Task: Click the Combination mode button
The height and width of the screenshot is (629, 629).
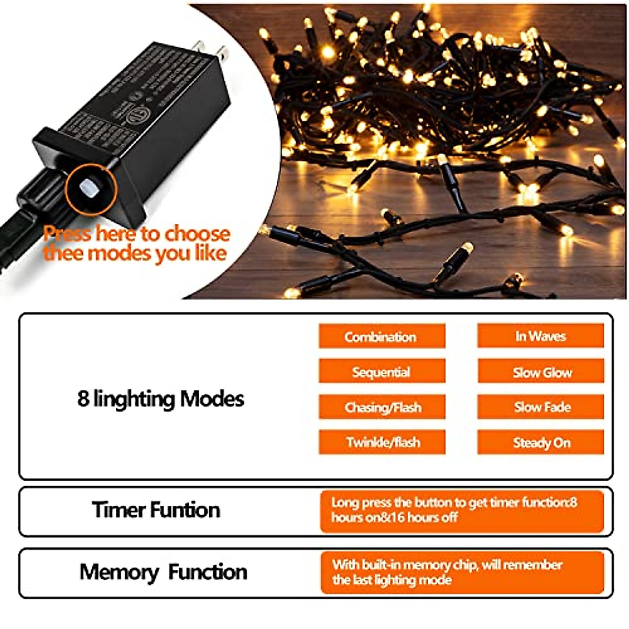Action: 382,336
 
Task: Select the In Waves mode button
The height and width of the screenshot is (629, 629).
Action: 540,336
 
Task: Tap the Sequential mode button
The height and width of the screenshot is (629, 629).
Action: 382,372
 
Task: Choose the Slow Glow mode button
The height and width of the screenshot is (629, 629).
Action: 540,372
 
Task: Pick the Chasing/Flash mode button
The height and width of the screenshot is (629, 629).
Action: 382,407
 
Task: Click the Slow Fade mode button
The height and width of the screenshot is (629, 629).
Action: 540,407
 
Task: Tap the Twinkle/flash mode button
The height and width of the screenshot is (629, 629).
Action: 382,442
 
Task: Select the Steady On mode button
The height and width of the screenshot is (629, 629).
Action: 540,442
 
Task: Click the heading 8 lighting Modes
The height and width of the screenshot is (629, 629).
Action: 160,399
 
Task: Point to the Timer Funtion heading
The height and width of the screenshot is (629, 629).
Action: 156,510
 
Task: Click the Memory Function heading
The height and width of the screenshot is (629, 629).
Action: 163,572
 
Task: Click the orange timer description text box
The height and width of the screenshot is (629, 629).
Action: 461,511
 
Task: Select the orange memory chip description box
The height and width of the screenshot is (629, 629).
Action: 461,572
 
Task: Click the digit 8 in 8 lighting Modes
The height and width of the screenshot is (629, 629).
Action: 83,399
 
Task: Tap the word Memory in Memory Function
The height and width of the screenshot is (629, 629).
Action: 118,572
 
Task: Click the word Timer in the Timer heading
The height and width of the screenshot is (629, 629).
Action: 118,510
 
